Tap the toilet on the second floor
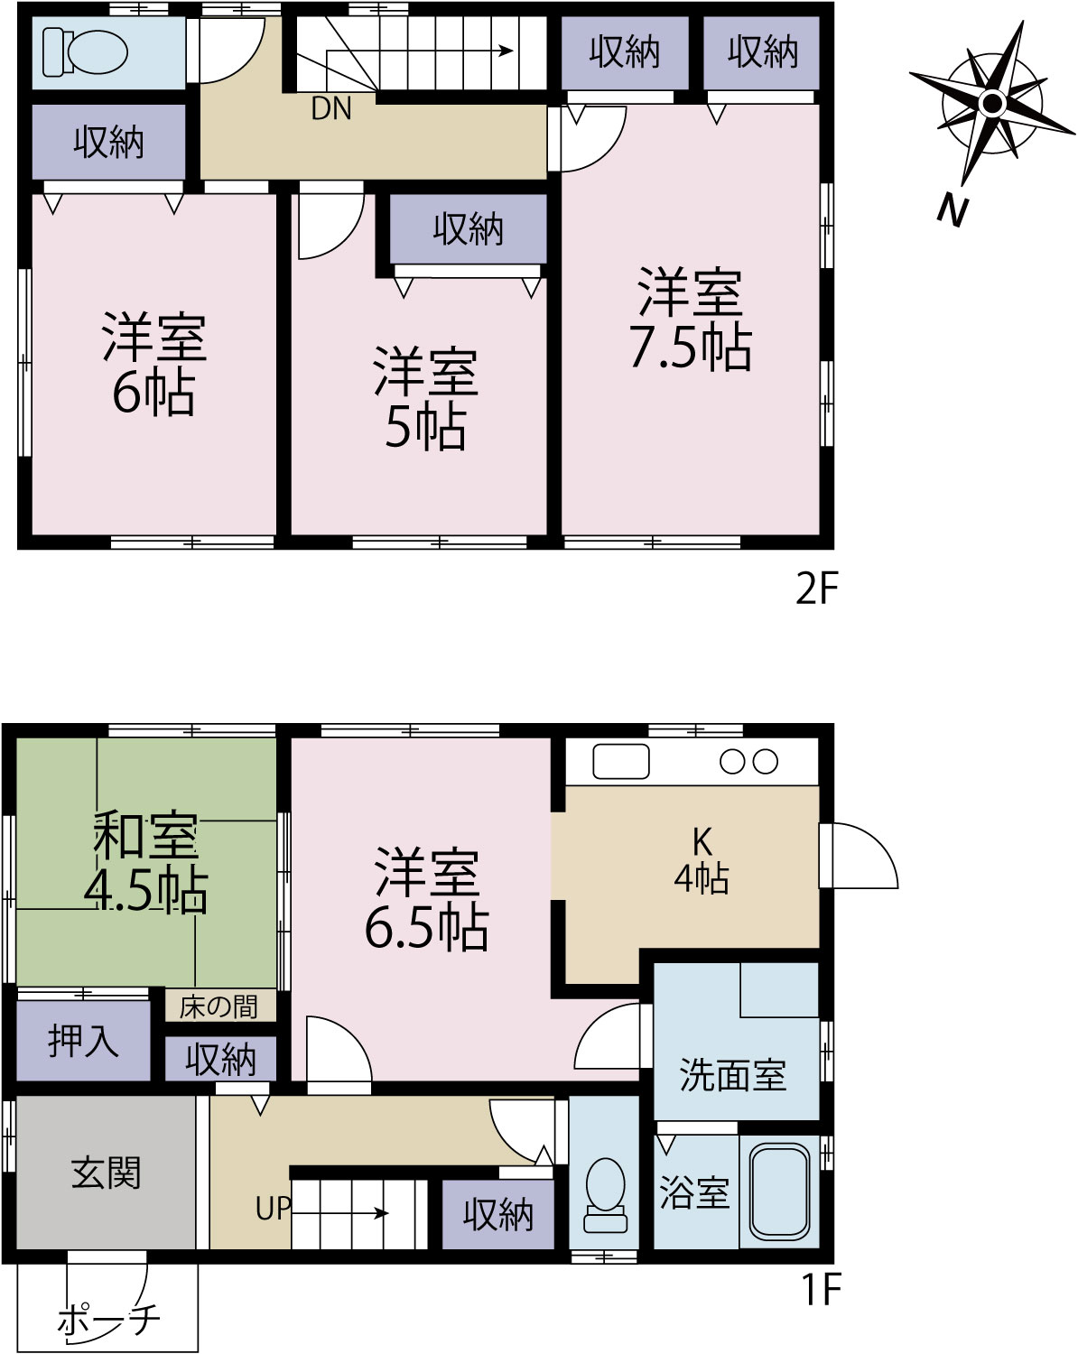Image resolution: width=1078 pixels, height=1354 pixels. coord(85,52)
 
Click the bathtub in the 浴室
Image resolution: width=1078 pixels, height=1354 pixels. coord(779,1192)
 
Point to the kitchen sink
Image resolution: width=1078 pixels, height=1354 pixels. coord(620,761)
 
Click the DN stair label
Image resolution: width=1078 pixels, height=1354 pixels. coord(331,109)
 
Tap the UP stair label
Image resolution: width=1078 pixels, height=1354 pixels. coord(274,1208)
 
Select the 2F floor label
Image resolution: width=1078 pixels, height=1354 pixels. coord(817,589)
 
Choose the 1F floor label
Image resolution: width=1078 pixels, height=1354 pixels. coord(822,1289)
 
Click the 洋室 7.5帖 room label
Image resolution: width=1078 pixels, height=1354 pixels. coord(691,319)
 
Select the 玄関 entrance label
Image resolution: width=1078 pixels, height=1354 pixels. coord(106,1173)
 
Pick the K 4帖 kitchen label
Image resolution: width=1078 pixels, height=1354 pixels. coord(702,860)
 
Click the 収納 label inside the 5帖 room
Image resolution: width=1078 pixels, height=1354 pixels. coord(469,229)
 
